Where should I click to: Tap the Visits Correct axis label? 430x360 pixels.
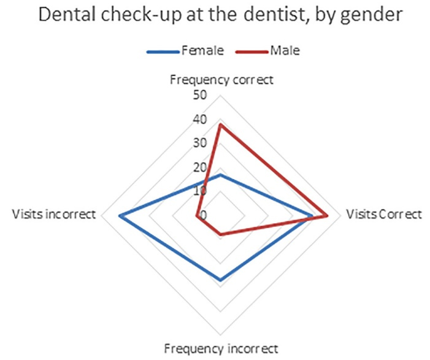point(384,215)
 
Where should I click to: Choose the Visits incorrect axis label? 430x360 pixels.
point(54,215)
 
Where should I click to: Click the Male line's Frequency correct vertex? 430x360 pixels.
point(220,124)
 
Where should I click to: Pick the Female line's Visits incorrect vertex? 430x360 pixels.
point(120,215)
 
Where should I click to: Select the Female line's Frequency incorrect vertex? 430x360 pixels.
point(220,280)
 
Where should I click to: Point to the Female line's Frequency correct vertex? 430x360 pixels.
point(220,175)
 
